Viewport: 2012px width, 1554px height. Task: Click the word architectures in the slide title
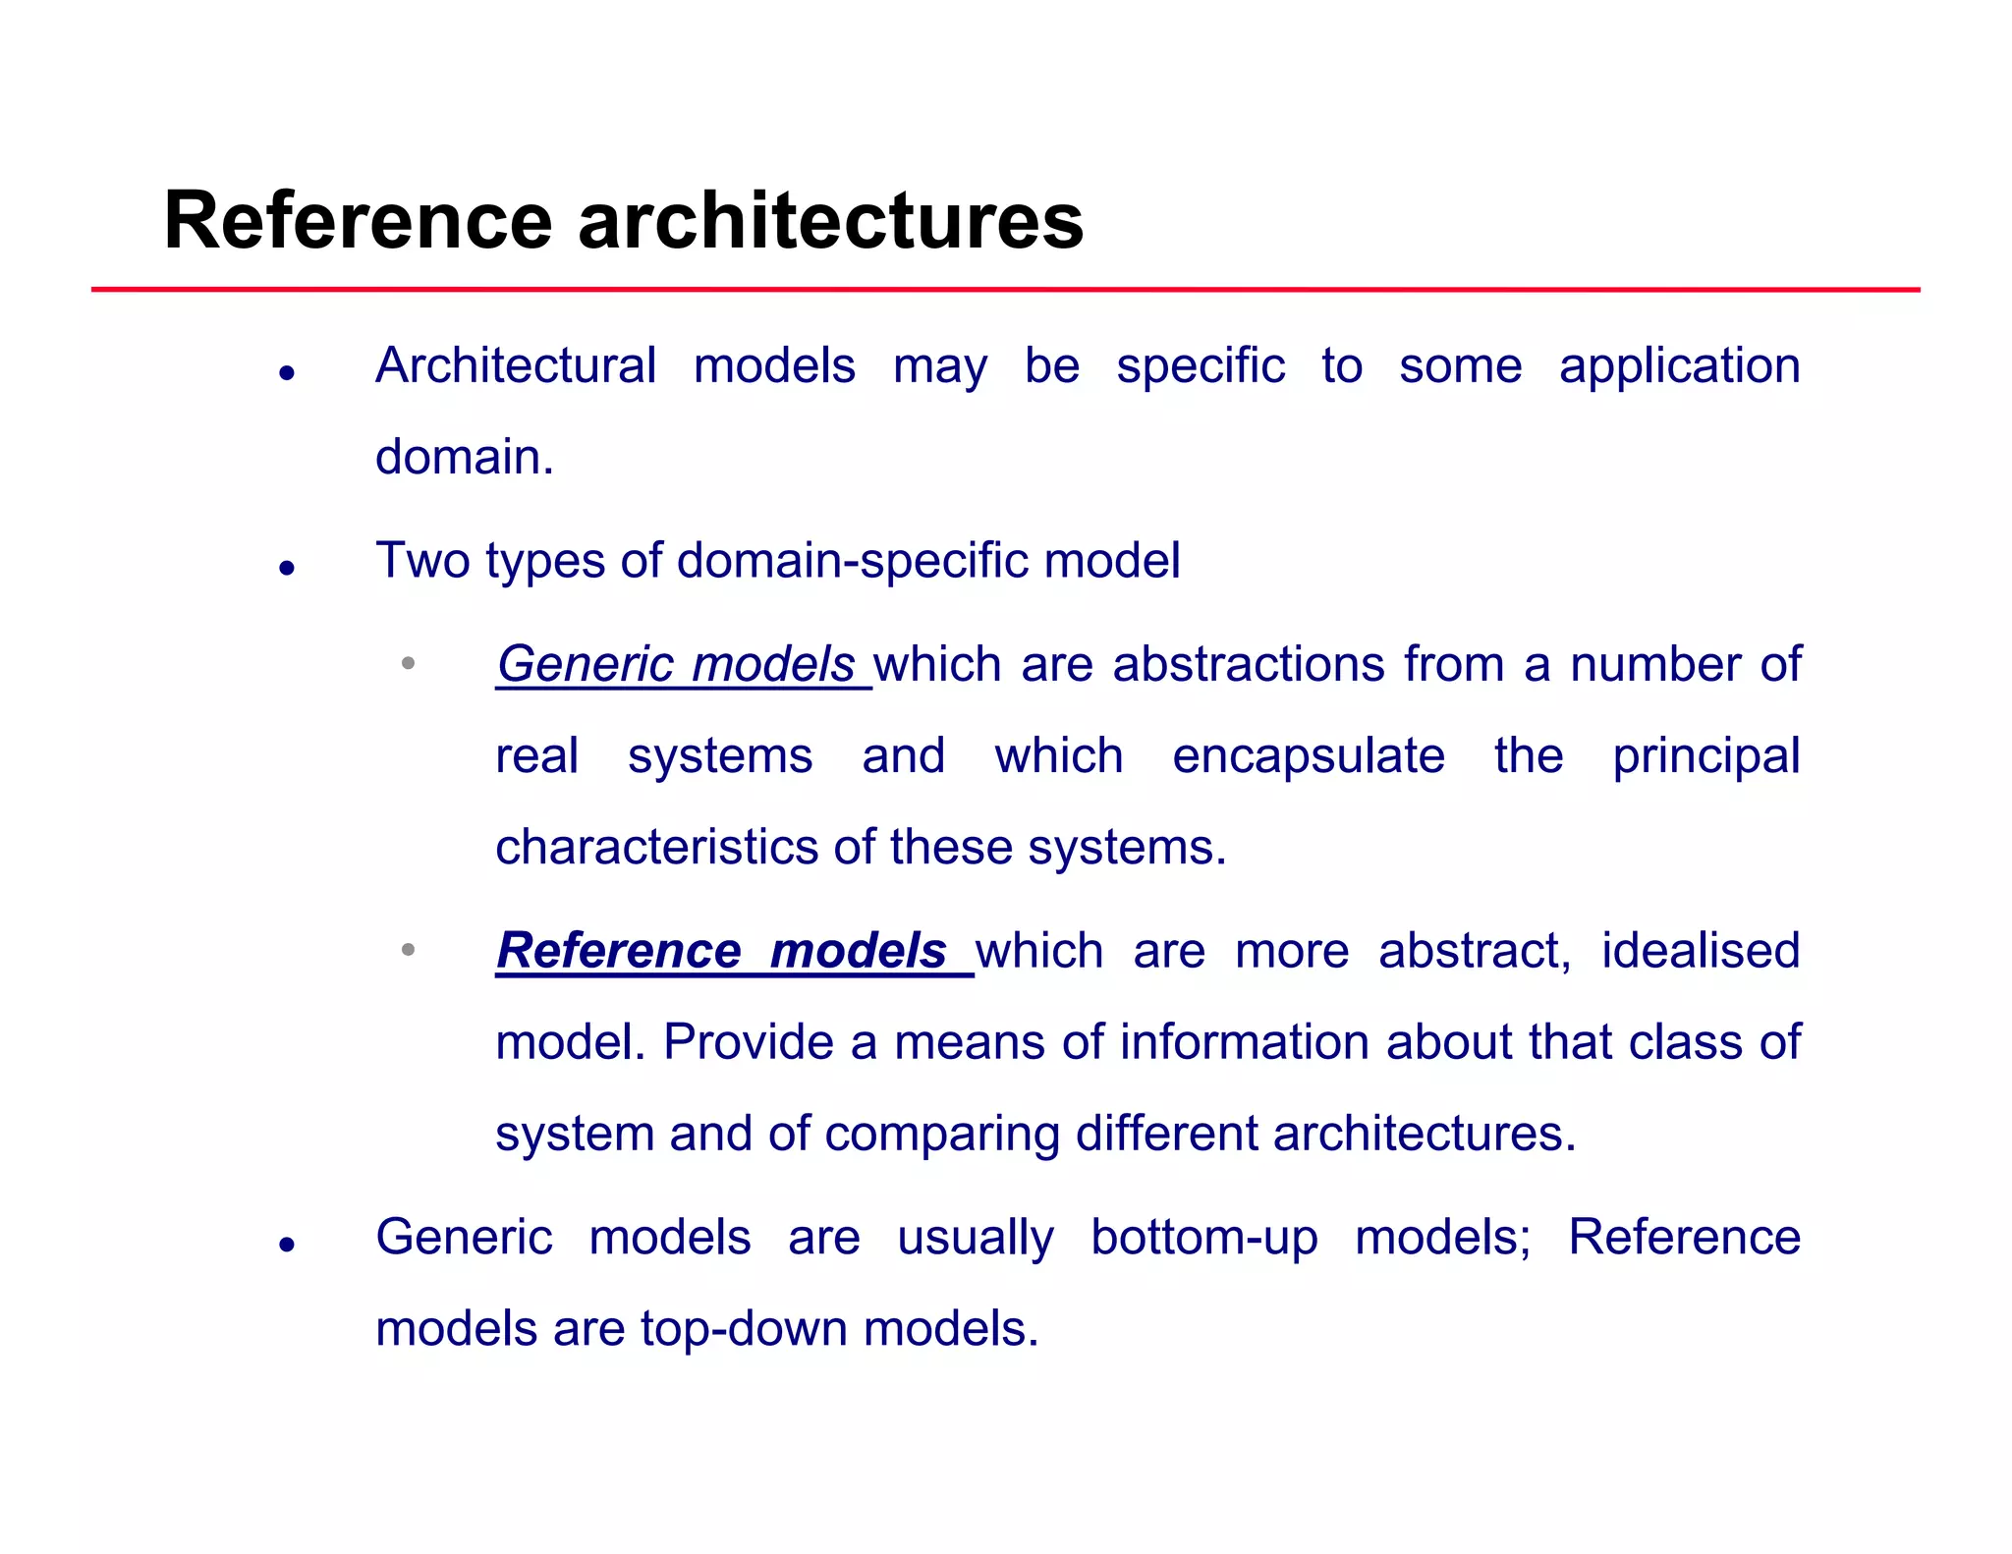(830, 221)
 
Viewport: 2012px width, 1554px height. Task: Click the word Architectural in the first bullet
(515, 366)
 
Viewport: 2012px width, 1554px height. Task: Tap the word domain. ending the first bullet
(465, 458)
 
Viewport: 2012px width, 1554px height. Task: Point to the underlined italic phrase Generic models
(677, 665)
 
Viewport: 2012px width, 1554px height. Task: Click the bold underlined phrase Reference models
(722, 951)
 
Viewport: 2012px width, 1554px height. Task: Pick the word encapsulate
(1308, 756)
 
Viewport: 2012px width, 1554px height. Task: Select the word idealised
(1700, 951)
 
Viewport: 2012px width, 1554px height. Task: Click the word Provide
(748, 1042)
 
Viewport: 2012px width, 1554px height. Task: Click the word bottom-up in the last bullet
(1203, 1238)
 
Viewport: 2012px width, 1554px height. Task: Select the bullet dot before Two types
(287, 568)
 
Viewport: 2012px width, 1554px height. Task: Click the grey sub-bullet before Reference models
(408, 950)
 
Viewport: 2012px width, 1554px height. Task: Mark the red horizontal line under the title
(1005, 290)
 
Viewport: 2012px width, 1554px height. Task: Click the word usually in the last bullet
(975, 1238)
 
